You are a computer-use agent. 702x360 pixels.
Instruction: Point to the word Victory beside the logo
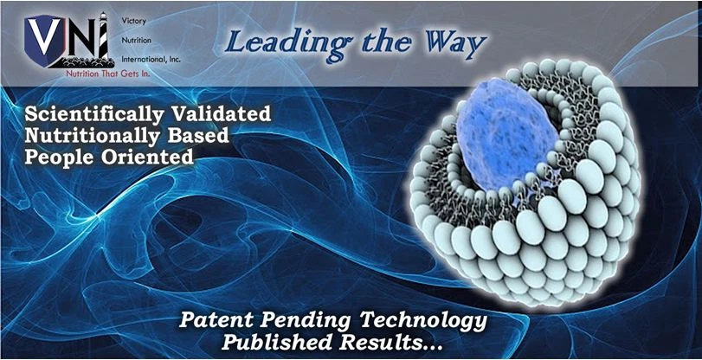pyautogui.click(x=132, y=21)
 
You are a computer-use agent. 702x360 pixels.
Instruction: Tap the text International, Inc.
pyautogui.click(x=151, y=60)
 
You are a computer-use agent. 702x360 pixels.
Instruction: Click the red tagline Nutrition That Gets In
pyautogui.click(x=108, y=74)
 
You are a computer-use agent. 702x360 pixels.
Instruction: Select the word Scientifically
pyautogui.click(x=94, y=114)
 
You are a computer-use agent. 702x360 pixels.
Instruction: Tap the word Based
pyautogui.click(x=195, y=135)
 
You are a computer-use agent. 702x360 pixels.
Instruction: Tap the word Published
pyautogui.click(x=275, y=343)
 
